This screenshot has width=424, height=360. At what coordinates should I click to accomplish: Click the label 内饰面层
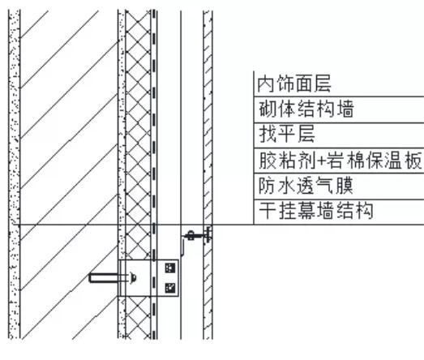pyautogui.click(x=294, y=84)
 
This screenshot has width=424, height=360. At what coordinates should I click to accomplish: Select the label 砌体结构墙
pyautogui.click(x=306, y=109)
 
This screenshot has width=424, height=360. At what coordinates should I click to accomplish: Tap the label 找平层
pyautogui.click(x=287, y=133)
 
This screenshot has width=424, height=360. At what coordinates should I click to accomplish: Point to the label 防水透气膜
pyautogui.click(x=306, y=186)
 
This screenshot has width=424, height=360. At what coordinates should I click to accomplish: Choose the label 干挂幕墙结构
pyautogui.click(x=316, y=211)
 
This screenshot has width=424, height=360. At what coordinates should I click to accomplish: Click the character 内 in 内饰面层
pyautogui.click(x=266, y=84)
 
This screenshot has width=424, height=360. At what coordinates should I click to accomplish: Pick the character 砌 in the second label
pyautogui.click(x=268, y=109)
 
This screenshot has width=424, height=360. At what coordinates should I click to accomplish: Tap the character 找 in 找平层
pyautogui.click(x=268, y=133)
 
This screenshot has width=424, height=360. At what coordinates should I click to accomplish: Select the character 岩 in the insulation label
pyautogui.click(x=336, y=160)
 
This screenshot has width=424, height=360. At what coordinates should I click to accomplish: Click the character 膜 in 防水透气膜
pyautogui.click(x=345, y=186)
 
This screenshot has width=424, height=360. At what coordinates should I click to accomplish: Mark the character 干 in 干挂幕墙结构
pyautogui.click(x=268, y=211)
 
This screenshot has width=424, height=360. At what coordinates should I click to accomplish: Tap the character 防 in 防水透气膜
pyautogui.click(x=268, y=186)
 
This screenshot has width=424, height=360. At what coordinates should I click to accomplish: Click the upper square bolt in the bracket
pyautogui.click(x=170, y=268)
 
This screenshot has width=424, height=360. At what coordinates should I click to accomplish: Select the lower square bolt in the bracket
pyautogui.click(x=170, y=288)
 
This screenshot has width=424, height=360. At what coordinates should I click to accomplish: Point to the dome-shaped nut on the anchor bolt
pyautogui.click(x=133, y=278)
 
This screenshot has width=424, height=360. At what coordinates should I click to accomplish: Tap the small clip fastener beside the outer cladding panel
pyautogui.click(x=198, y=236)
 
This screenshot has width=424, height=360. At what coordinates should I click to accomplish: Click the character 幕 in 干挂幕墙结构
pyautogui.click(x=306, y=211)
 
